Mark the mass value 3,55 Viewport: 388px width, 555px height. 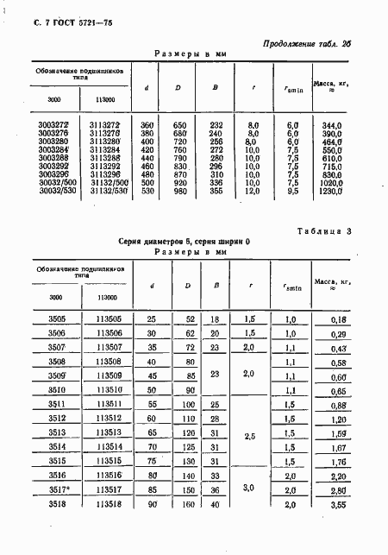(338, 505)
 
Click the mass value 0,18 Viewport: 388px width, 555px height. (338, 319)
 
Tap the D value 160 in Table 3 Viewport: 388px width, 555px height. (183, 505)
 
